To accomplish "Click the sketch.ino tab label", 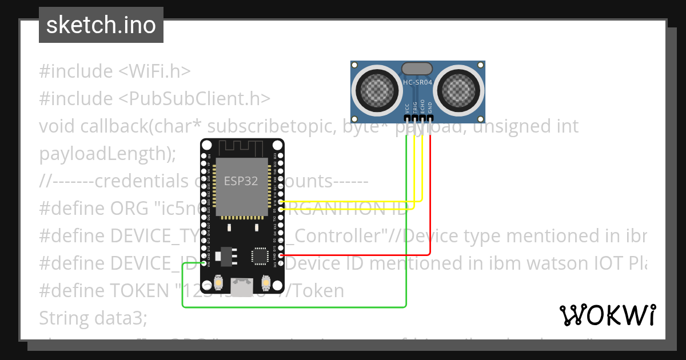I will [101, 25].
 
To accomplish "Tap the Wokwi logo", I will [607, 315].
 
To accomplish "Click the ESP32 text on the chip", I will [240, 182].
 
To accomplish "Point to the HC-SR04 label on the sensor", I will [417, 82].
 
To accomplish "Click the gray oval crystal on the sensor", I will [417, 69].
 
